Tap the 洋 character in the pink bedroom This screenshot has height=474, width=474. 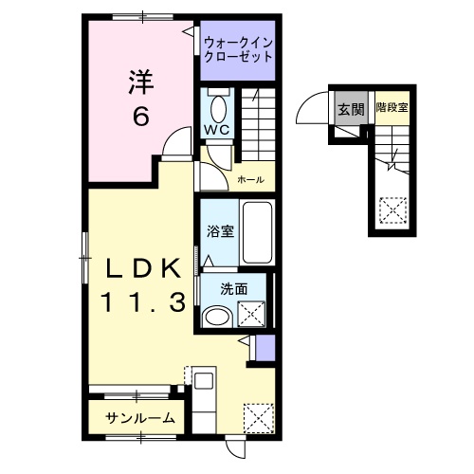(x=140, y=83)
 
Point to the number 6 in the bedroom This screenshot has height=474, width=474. (x=140, y=117)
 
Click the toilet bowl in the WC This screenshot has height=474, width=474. (x=218, y=105)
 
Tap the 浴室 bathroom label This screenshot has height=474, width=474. (x=221, y=231)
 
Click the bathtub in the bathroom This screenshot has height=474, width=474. (x=256, y=233)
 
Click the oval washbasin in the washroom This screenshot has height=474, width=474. (x=218, y=317)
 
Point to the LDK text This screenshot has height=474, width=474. (x=142, y=270)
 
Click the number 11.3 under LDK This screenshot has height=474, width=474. (x=142, y=305)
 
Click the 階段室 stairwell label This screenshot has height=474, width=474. (x=391, y=108)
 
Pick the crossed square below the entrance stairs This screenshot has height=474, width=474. (x=391, y=208)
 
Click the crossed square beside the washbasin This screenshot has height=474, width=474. (x=252, y=311)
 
